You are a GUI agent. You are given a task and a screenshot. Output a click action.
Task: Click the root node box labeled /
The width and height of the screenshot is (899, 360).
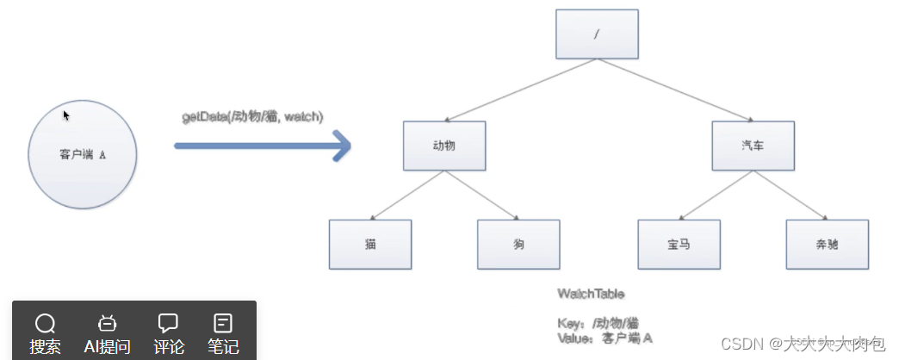pyautogui.click(x=596, y=34)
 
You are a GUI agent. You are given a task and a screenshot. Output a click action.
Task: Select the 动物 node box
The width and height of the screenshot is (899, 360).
pyautogui.click(x=444, y=146)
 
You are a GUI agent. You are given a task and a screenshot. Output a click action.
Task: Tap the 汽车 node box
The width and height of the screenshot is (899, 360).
pyautogui.click(x=753, y=146)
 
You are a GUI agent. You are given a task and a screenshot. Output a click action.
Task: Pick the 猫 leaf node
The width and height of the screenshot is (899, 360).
pyautogui.click(x=370, y=244)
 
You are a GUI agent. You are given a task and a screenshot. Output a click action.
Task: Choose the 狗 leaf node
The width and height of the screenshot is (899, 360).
pyautogui.click(x=518, y=244)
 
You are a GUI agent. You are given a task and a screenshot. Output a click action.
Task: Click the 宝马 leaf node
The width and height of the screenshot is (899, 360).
pyautogui.click(x=679, y=244)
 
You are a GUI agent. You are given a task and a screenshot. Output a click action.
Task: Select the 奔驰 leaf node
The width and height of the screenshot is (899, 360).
pyautogui.click(x=827, y=244)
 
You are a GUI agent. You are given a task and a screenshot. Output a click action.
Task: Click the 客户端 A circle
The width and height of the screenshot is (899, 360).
pyautogui.click(x=83, y=155)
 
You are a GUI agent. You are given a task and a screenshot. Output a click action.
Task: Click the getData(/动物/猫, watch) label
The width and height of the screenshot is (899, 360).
pyautogui.click(x=251, y=117)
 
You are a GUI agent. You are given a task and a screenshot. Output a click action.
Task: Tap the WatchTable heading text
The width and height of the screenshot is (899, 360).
pyautogui.click(x=590, y=294)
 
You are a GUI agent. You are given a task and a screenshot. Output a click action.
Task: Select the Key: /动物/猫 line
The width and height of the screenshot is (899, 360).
pyautogui.click(x=598, y=323)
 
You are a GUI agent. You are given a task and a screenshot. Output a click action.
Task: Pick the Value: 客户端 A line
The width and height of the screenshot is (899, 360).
pyautogui.click(x=604, y=338)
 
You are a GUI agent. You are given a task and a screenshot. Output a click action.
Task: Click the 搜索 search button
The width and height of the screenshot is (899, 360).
pyautogui.click(x=45, y=332)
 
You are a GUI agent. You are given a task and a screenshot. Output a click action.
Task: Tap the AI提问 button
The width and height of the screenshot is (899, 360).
pyautogui.click(x=107, y=332)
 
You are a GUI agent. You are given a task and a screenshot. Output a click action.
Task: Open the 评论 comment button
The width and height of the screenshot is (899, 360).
pyautogui.click(x=169, y=332)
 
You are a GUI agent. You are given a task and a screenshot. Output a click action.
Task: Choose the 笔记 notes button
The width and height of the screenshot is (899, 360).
pyautogui.click(x=223, y=332)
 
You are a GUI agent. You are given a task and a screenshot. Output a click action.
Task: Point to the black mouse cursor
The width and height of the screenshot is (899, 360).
pyautogui.click(x=66, y=115)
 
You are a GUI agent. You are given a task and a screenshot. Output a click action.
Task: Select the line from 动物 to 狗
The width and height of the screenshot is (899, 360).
pyautogui.click(x=482, y=196)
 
